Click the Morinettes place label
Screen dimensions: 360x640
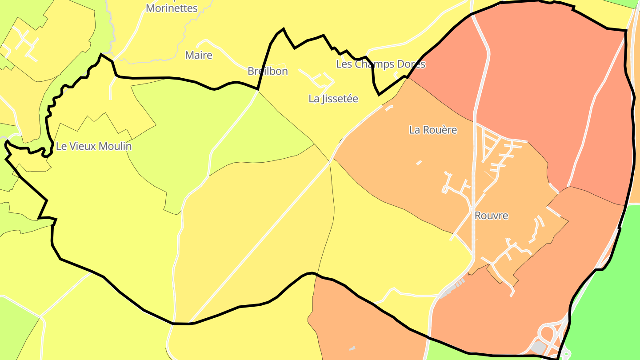[172, 8]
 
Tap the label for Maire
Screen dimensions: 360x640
[199, 56]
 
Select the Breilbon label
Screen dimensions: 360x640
[268, 71]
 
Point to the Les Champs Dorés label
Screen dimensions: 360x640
[380, 64]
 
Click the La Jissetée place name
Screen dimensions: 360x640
[333, 99]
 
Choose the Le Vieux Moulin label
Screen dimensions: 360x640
[94, 146]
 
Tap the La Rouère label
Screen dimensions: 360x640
[433, 130]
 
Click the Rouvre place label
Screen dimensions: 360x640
[491, 216]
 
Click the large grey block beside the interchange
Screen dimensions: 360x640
[539, 348]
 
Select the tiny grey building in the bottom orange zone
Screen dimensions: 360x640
[352, 348]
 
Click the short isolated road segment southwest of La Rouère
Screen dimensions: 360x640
[419, 163]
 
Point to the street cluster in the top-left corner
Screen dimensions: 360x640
[24, 40]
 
